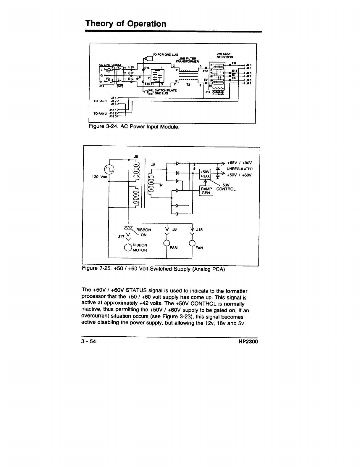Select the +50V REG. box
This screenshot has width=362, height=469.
tap(205, 174)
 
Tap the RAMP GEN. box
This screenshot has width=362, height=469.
tap(206, 191)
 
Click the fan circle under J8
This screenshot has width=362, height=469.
tap(167, 243)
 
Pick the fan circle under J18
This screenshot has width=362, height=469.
tap(193, 243)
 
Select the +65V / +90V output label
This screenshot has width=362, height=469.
tap(239, 163)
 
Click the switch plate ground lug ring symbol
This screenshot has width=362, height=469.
tap(150, 92)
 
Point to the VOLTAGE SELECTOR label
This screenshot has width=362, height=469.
tap(224, 55)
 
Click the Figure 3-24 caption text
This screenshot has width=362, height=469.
tap(134, 127)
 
